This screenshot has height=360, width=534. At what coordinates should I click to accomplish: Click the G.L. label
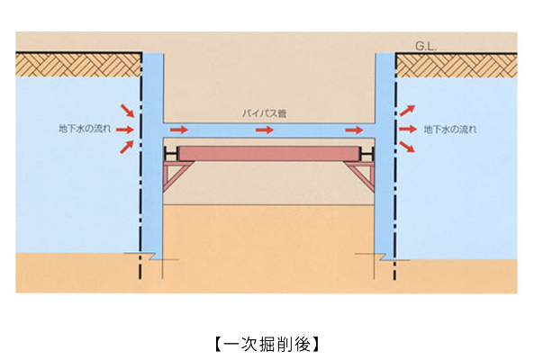426,46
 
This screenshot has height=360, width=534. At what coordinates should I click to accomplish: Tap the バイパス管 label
264,113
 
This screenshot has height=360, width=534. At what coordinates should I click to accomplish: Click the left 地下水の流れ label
85,129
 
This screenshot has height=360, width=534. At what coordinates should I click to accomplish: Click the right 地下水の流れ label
450,129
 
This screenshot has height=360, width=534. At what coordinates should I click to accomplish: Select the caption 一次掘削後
267,345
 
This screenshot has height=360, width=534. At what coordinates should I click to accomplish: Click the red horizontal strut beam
269,154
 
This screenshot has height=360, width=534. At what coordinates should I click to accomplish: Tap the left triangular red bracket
177,176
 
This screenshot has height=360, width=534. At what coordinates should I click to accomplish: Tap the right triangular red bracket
361,176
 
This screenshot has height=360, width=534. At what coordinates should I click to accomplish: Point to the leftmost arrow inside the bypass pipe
179,130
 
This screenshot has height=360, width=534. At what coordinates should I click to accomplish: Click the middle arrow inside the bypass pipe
265,130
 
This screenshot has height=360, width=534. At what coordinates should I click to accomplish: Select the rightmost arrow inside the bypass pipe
354,130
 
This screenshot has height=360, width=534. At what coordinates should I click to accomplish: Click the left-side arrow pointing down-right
127,111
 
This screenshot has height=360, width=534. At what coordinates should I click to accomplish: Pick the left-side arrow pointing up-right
127,147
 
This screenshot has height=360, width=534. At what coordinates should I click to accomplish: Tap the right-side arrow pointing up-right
407,111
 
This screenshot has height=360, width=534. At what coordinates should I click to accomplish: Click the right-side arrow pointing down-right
407,147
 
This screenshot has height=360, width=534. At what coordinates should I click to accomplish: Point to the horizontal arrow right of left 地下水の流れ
124,130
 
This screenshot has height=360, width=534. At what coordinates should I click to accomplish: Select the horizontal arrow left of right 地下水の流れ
408,129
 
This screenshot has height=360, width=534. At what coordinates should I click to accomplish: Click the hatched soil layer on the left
78,65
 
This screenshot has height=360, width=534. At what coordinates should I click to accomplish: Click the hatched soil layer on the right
457,66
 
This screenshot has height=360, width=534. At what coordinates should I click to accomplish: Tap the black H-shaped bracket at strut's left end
171,154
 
